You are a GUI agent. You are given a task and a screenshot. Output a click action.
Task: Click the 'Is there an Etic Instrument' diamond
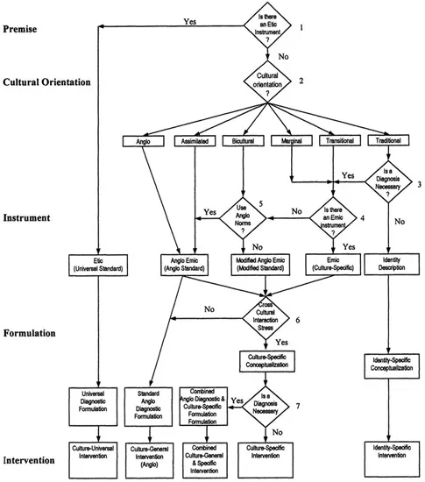266,30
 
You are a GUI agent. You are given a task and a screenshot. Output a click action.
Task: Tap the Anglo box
144,141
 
